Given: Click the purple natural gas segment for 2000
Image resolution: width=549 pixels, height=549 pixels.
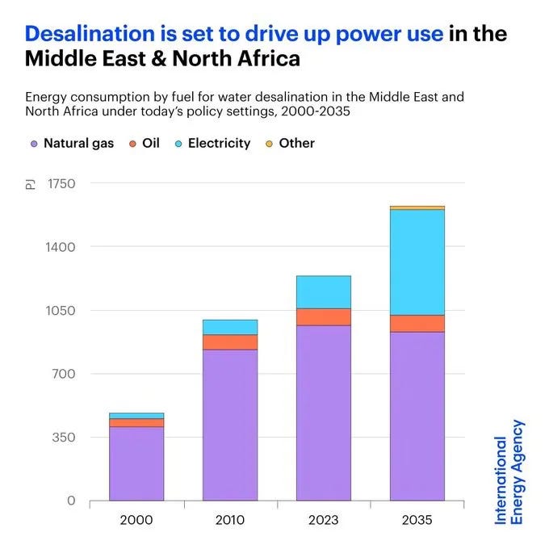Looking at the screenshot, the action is (136, 463).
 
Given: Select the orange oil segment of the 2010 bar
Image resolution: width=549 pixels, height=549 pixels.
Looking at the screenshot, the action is (230, 342).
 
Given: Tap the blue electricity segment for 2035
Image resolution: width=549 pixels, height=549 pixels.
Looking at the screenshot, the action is (417, 262).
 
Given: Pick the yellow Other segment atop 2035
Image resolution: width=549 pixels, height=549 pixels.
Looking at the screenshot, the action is (417, 208).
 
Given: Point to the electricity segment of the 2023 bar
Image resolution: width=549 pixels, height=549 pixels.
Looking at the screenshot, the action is (324, 292).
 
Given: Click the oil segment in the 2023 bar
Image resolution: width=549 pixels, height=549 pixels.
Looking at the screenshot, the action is (324, 316).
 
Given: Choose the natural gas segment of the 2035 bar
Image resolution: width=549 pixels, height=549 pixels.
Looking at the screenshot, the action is (417, 416).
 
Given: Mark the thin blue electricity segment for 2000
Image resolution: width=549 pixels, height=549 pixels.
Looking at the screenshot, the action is (136, 416).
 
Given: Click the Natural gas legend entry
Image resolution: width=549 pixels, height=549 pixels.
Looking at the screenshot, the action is (72, 143).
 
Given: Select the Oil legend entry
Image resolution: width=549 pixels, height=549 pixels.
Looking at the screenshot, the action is (145, 143).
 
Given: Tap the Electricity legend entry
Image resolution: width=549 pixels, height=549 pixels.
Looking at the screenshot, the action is (213, 143).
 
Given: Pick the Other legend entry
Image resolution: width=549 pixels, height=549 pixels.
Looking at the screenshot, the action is (291, 143).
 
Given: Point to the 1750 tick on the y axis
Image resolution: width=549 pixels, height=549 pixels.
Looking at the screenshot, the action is (61, 184).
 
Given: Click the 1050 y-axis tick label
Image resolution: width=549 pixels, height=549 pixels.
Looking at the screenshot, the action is (61, 311).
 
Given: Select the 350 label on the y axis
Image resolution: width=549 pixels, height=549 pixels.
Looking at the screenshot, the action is (63, 438).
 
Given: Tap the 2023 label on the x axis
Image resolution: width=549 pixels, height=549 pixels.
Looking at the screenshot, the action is (324, 520).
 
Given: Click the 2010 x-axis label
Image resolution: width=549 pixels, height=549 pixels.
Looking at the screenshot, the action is (230, 520).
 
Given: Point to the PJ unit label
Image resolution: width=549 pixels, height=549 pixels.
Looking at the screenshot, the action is (31, 184).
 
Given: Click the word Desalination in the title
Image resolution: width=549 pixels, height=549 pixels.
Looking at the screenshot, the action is (90, 34).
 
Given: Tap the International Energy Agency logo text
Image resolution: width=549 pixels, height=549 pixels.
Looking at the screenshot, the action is (509, 472).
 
